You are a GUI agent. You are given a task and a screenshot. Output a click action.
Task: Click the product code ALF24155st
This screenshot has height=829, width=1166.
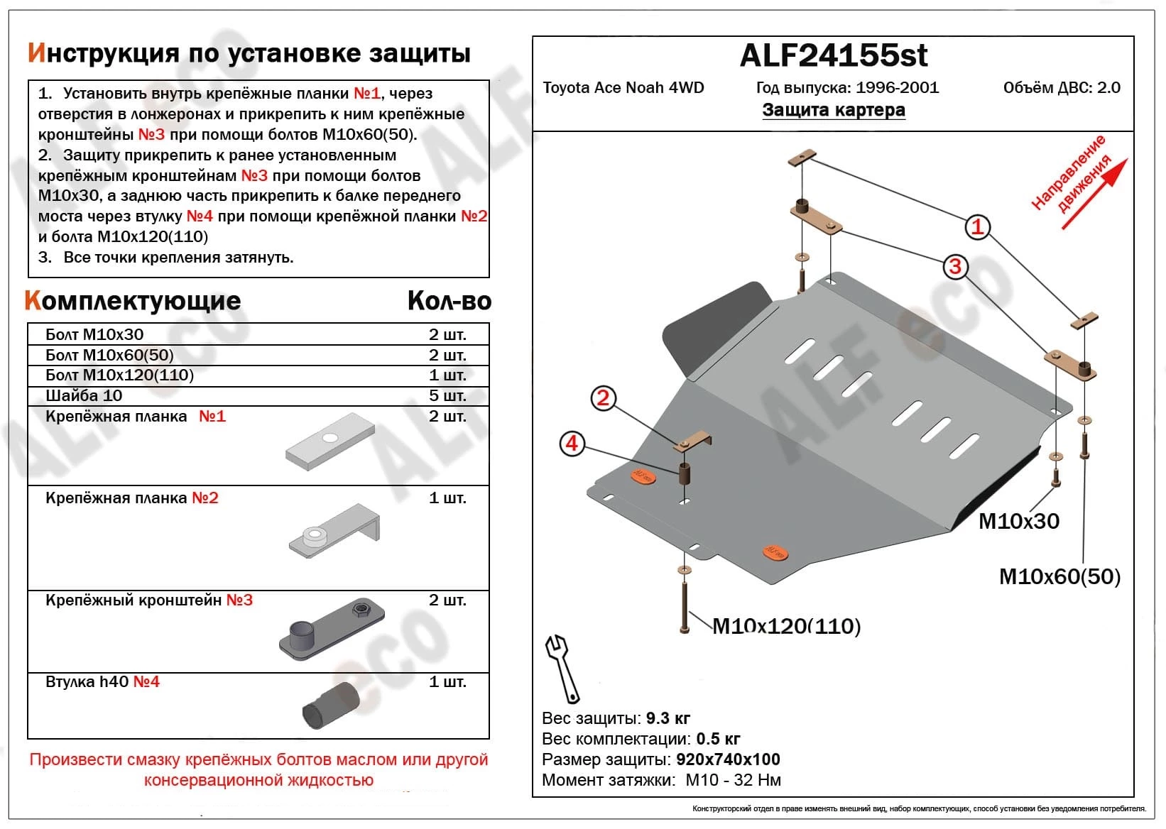pos(834,55)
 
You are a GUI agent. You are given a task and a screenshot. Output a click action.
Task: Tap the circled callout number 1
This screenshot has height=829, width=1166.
pos(978,227)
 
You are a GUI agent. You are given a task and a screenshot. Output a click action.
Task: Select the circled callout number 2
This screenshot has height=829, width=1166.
pos(603,398)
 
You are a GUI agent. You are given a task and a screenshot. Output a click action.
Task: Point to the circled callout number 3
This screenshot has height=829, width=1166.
pos(955,267)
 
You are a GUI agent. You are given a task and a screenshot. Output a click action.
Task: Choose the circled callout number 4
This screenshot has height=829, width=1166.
pos(572,444)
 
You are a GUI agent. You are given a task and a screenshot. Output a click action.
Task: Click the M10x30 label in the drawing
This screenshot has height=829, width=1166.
pos(1018,522)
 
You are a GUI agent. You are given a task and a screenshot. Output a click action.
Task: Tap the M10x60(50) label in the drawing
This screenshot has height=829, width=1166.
pos(1059,576)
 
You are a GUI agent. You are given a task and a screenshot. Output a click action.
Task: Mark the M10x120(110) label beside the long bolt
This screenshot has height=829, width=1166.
pos(786,626)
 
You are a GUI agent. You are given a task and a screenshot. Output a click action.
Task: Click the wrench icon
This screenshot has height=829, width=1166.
pos(562,667)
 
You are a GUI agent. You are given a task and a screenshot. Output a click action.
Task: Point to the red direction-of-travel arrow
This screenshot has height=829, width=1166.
pos(1094,192)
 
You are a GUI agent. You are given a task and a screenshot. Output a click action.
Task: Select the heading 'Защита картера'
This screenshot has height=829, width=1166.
pos(834,110)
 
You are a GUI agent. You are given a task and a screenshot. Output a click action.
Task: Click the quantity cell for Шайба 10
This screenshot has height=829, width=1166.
pos(447,395)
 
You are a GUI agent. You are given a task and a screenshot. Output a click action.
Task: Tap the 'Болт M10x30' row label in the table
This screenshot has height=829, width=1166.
pos(94,334)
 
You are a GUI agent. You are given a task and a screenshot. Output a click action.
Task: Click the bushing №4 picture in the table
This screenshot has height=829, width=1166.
pos(330,706)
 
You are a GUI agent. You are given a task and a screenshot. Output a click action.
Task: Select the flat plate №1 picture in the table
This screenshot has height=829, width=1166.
pos(330,441)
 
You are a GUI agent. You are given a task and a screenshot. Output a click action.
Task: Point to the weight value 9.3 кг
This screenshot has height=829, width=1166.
pos(668,718)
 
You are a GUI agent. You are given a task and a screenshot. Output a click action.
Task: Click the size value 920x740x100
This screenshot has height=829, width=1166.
pos(728,759)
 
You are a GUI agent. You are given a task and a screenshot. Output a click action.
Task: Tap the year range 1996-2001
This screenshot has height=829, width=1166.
pos(897,87)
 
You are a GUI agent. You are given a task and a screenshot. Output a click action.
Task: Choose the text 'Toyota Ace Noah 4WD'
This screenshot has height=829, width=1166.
pos(623,87)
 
